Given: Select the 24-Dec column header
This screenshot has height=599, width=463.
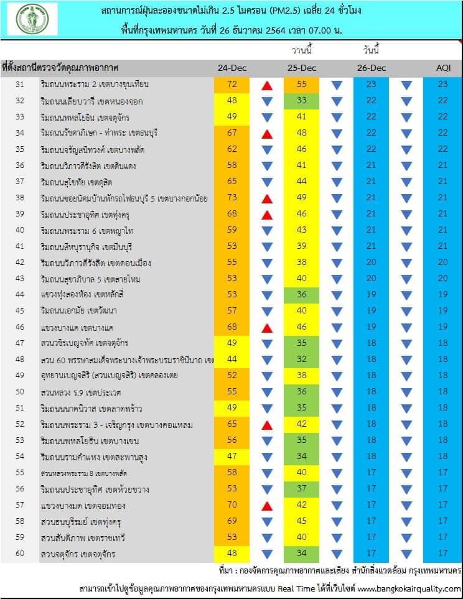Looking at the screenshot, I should [x=233, y=68].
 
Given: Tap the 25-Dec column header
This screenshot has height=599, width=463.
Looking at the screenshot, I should [x=302, y=68].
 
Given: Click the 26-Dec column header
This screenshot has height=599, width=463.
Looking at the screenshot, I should [x=372, y=68].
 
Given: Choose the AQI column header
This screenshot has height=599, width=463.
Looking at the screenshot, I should [x=442, y=68].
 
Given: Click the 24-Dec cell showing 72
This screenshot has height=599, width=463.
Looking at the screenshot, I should [x=233, y=84].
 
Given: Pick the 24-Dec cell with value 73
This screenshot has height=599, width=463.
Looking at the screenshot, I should [x=233, y=198].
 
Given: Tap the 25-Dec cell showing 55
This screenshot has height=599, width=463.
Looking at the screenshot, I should [x=302, y=84].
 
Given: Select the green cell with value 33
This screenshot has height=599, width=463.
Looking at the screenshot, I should [x=302, y=100].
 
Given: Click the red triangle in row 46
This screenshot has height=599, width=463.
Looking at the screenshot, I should [x=267, y=327].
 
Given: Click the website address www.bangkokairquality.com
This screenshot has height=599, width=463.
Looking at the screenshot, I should [x=408, y=588].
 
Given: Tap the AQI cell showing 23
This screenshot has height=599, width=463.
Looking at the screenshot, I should [x=442, y=84].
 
